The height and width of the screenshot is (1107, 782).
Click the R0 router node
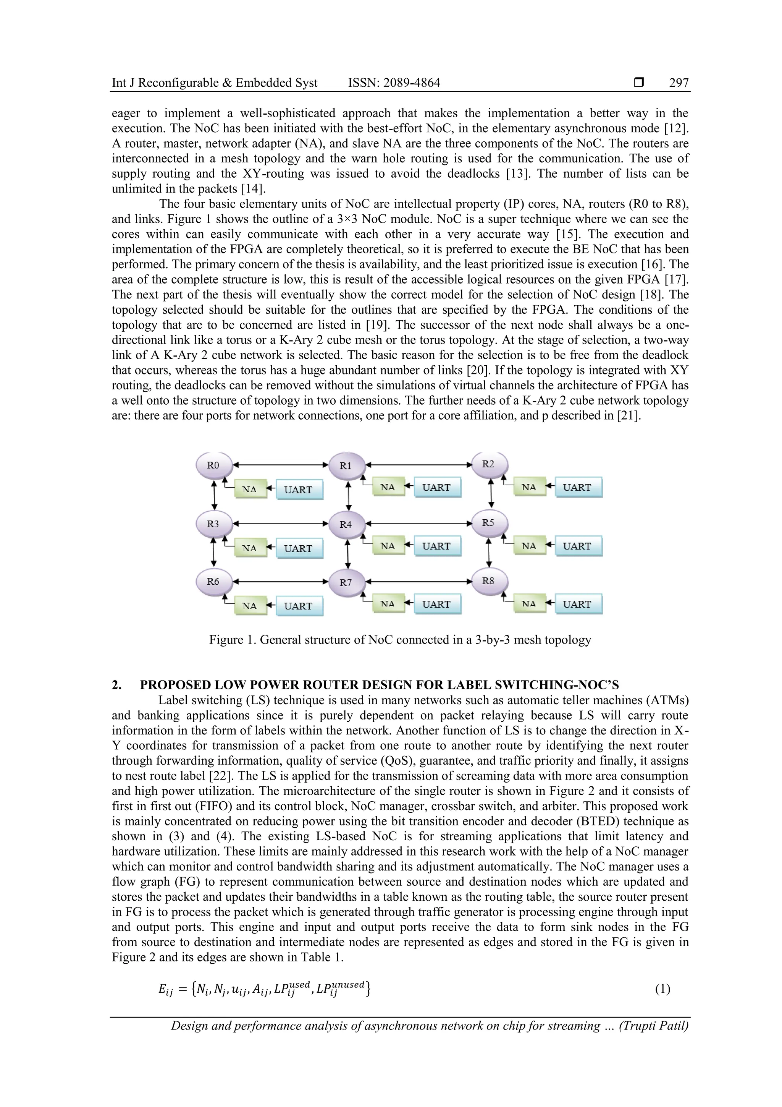[213, 466]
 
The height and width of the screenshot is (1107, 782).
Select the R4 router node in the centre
[346, 525]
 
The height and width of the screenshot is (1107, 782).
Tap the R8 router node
[489, 581]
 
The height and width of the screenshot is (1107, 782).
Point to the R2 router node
[489, 464]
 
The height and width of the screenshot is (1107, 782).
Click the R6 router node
[213, 582]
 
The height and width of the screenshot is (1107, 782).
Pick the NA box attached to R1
[388, 488]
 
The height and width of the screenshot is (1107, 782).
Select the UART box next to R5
[578, 546]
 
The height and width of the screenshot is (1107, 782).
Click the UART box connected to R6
[299, 606]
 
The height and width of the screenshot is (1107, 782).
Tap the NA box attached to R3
[250, 548]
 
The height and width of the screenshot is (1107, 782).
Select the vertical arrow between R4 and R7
[347, 553]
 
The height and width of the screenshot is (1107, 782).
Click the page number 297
[679, 83]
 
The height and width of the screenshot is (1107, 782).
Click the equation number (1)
[662, 989]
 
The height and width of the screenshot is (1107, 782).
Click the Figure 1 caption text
[399, 640]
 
